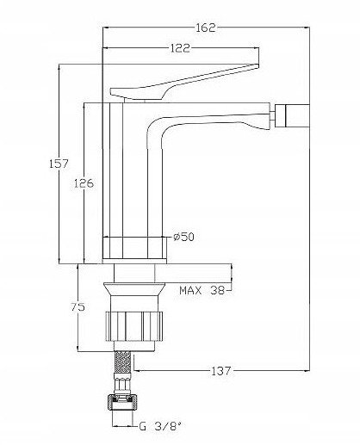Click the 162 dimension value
[x=206, y=28]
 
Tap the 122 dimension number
[x=180, y=48]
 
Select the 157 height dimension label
[x=59, y=164]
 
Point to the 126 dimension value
[x=84, y=183]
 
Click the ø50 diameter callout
[x=184, y=237]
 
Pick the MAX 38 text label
[x=202, y=291]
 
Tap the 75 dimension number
[x=78, y=307]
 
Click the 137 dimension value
[x=221, y=371]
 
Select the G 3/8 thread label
[x=160, y=426]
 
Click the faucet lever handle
[x=183, y=83]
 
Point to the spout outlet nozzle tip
[x=292, y=116]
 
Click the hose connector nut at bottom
[x=123, y=403]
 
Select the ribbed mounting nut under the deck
[x=134, y=326]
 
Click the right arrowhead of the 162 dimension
[x=307, y=28]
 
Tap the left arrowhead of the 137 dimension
[x=137, y=371]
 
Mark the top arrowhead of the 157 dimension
[x=59, y=67]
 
